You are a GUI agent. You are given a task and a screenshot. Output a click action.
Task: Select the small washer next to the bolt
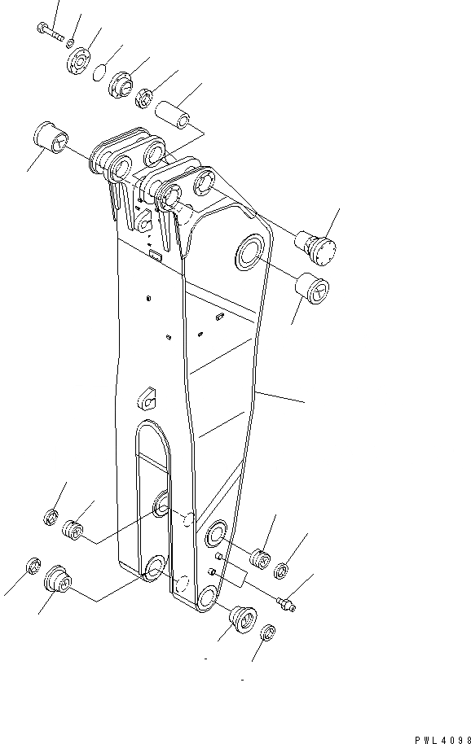72,42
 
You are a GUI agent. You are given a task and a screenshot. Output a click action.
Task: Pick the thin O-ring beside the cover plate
99,73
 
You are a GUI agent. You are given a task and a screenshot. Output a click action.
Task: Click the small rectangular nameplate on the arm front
155,258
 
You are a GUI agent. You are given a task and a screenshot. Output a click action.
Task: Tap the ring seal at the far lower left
33,565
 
